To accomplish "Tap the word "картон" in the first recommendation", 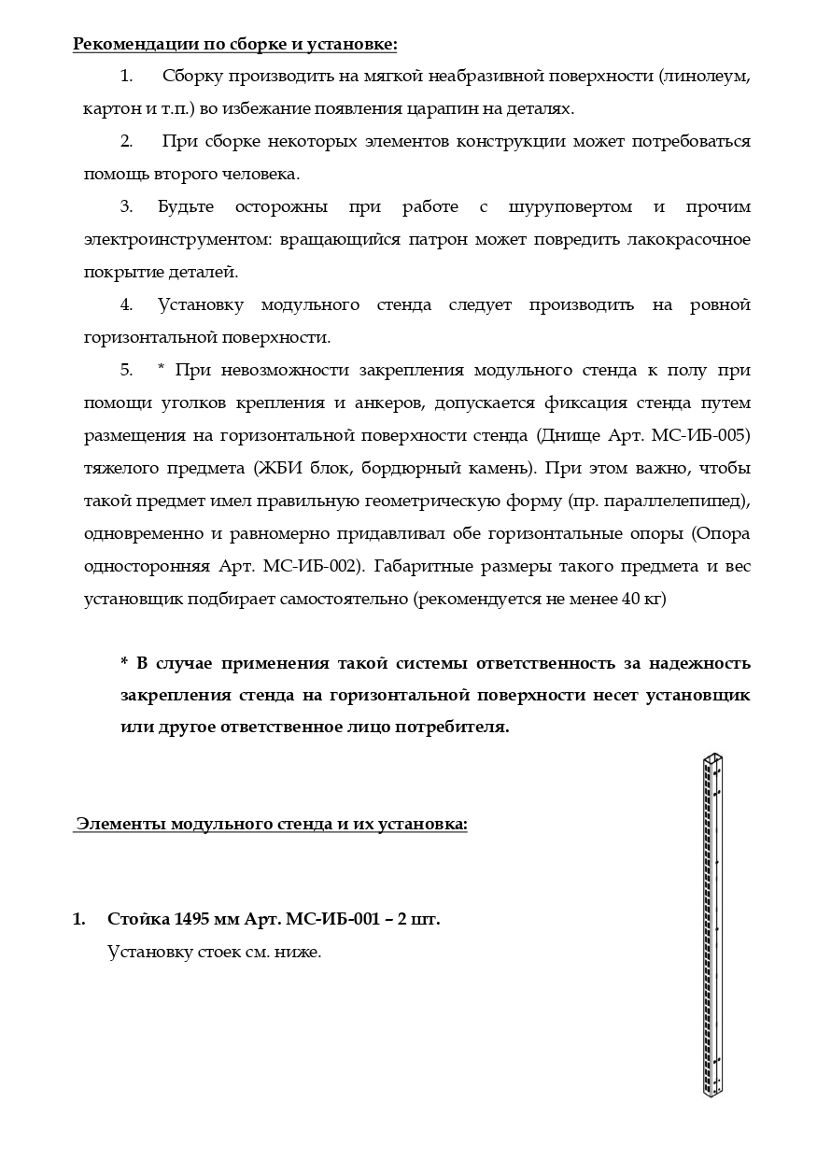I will (107, 108).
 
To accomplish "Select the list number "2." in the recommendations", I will (126, 141).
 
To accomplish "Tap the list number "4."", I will (126, 305).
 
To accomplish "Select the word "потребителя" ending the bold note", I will (453, 728).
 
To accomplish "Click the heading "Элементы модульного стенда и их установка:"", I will (271, 824).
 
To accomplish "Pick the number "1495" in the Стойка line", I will (191, 919).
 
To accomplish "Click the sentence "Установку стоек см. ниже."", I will (214, 953).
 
